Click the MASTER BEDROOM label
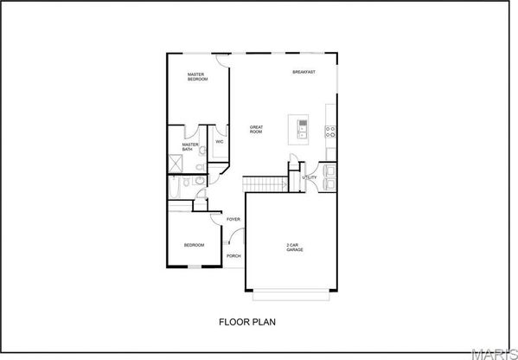point(197,77)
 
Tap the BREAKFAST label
point(304,72)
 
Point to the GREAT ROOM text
point(256,129)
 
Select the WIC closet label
point(220,142)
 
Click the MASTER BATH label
point(190,147)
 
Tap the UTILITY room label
point(310,177)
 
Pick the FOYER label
point(233,219)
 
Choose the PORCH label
point(233,256)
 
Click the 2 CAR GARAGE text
point(294,247)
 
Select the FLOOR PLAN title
point(247,322)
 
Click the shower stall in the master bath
point(176,164)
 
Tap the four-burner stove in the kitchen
point(330,132)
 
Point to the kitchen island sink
point(303,129)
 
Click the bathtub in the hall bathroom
point(175,187)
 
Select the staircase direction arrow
point(285,184)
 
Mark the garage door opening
point(291,295)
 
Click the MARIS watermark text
point(495,354)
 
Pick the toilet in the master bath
point(200,167)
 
